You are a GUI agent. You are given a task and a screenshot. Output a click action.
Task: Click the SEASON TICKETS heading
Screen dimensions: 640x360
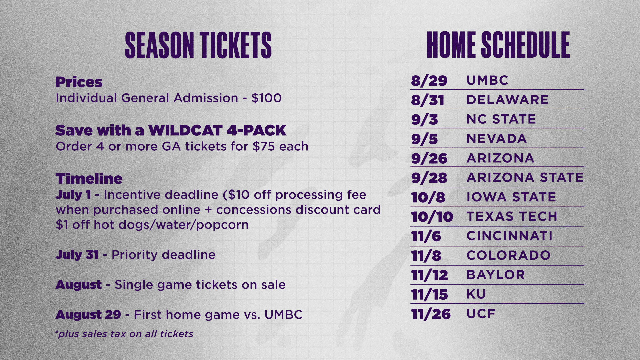[198, 45]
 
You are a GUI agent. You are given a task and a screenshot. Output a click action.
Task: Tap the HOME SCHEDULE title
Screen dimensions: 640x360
[498, 45]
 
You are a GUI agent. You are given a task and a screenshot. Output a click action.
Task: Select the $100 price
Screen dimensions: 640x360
[267, 98]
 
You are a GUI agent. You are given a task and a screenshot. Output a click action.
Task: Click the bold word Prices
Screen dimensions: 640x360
[79, 82]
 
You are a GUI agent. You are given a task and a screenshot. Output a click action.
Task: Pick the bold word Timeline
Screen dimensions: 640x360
[89, 179]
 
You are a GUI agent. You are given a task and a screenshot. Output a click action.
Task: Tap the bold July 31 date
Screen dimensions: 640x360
[77, 255]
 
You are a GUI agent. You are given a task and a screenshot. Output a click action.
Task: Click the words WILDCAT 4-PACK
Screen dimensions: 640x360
[217, 130]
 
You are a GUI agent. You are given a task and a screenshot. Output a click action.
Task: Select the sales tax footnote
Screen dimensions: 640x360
[124, 334]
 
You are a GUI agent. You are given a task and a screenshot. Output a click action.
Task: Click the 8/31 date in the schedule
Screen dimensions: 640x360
[428, 100]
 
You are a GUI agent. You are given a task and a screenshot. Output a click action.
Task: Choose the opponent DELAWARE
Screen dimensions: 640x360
[507, 100]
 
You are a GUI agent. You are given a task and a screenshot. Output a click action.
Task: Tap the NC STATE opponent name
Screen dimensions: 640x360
[501, 119]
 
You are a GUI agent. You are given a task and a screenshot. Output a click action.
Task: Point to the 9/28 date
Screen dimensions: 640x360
[429, 178]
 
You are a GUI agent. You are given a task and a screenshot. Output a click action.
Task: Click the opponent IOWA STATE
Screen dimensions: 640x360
[511, 197]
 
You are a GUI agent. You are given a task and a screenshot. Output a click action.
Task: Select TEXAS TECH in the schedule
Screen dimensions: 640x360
[512, 216]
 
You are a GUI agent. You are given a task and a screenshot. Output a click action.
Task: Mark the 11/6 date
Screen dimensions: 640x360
[426, 236]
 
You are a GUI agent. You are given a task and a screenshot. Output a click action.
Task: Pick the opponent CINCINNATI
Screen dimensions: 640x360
[509, 236]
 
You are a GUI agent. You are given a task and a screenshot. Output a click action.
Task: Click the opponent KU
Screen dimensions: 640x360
[476, 294]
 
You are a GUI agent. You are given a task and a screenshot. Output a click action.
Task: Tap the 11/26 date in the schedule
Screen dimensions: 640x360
[431, 314]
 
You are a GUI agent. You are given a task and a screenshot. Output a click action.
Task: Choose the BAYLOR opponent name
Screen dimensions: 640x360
[496, 275]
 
